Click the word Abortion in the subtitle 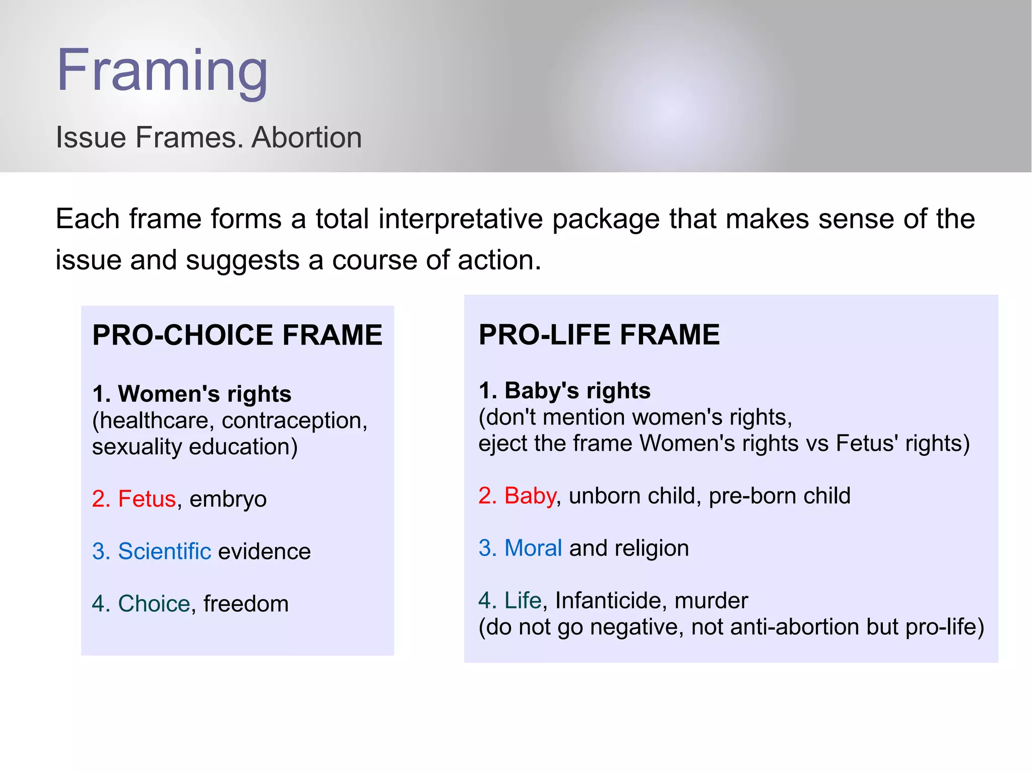[306, 137]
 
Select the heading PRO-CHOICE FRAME [237, 335]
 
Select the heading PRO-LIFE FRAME [599, 335]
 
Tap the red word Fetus [147, 499]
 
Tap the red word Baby [530, 496]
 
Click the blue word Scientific [164, 551]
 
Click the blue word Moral [533, 548]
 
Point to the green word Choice [154, 604]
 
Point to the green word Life [523, 601]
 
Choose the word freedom [246, 604]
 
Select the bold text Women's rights [205, 394]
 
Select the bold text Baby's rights [577, 391]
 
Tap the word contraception [294, 420]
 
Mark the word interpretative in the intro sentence [461, 219]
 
